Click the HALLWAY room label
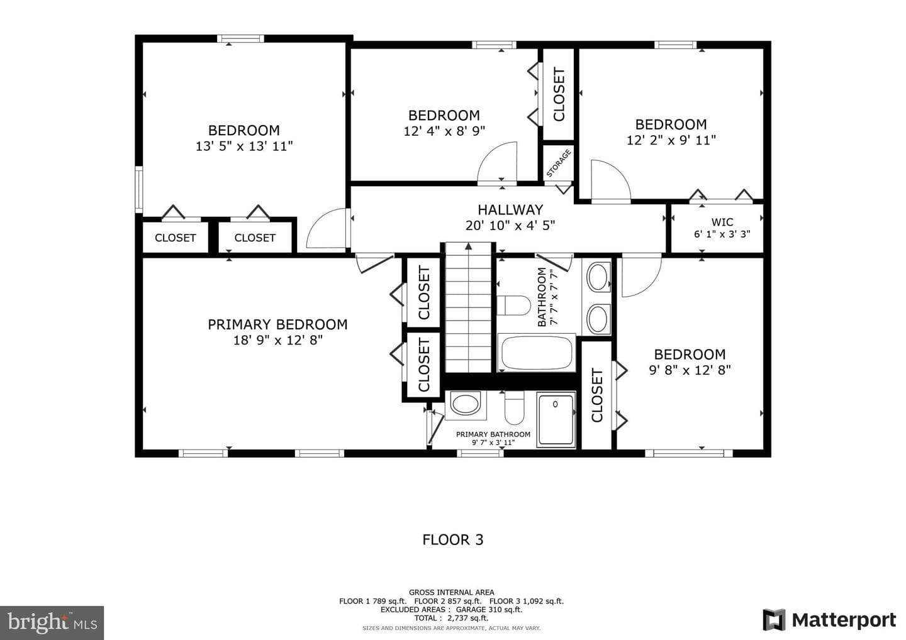pos(510,210)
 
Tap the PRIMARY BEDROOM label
pos(277,324)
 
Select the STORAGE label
pos(559,163)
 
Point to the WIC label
pos(722,222)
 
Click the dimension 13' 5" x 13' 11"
pos(244,146)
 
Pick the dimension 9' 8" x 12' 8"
pos(690,370)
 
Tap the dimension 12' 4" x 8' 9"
pos(444,131)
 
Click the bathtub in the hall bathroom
pos(536,353)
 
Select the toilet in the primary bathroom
pos(514,407)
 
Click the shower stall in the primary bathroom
pos(556,420)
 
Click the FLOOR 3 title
pos(452,540)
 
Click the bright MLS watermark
pos(52,622)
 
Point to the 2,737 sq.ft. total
pos(467,618)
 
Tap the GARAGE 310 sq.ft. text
pos(489,609)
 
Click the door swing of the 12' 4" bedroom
pos(498,162)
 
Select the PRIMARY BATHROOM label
pos(493,434)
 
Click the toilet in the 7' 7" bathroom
pos(513,306)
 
